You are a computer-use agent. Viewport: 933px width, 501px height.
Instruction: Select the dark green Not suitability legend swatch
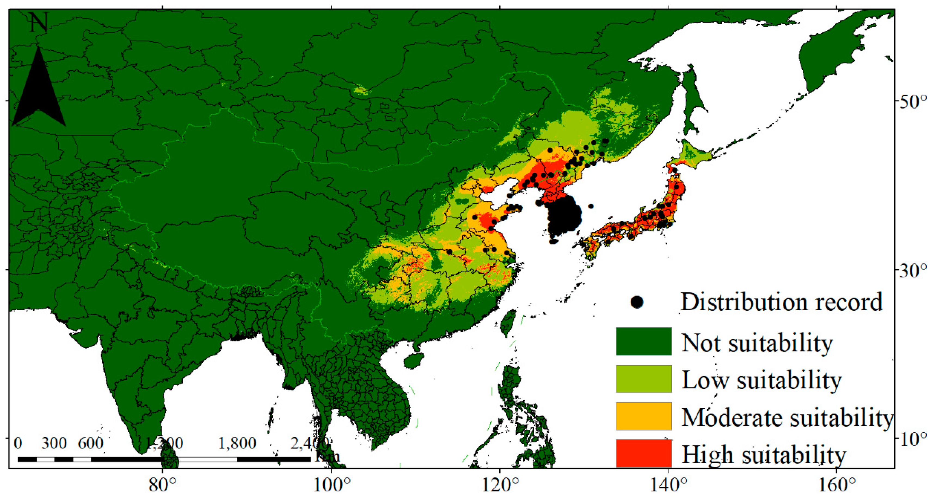point(644,341)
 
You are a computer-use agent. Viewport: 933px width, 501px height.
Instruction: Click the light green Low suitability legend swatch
point(644,378)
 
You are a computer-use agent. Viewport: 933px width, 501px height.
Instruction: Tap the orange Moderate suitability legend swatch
point(644,416)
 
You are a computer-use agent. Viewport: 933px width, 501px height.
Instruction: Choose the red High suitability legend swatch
point(644,453)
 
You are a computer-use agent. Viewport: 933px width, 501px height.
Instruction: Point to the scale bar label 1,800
point(237,443)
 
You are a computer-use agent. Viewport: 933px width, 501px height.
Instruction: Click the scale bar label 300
point(54,443)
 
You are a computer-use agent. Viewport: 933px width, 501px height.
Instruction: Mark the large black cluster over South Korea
point(564,217)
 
